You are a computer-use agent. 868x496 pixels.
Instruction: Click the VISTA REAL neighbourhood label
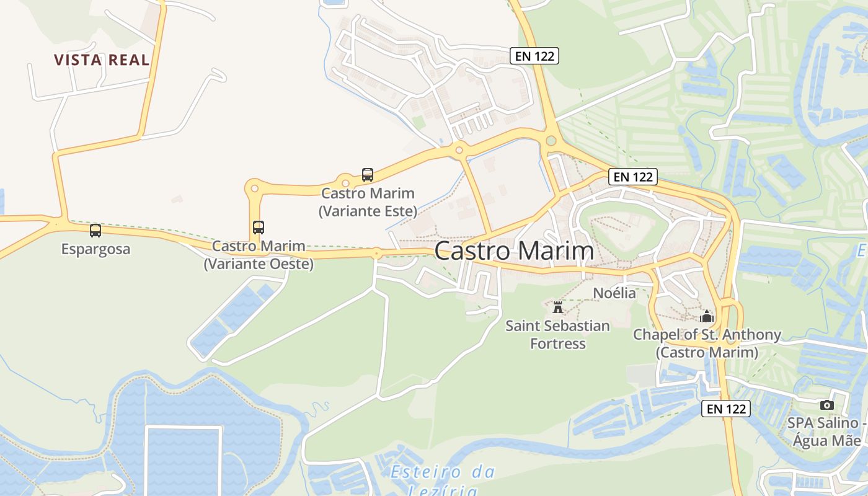click(102, 60)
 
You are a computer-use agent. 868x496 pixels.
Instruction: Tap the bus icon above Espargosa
click(95, 231)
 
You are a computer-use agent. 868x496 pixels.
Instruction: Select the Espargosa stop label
click(95, 249)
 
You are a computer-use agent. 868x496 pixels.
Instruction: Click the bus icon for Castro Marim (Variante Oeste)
click(259, 228)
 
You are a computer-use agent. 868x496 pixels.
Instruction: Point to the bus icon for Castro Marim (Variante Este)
click(368, 175)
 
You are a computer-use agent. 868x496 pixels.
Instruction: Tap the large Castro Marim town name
click(514, 251)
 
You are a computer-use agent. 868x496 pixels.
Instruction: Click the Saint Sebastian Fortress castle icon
click(557, 307)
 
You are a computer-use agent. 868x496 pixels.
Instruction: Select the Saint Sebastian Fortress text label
click(557, 334)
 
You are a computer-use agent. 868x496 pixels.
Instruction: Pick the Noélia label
click(614, 293)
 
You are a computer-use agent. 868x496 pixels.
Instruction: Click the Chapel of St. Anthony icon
click(707, 316)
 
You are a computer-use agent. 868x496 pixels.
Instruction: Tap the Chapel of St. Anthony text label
click(707, 343)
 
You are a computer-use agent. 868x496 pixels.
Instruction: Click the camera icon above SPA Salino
click(826, 405)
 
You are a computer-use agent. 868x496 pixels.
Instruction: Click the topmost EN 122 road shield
click(534, 56)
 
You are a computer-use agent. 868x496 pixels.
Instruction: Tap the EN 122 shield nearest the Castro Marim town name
click(632, 177)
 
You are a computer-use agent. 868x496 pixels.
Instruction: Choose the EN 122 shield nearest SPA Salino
click(726, 409)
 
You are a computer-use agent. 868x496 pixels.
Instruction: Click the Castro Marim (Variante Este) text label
click(368, 202)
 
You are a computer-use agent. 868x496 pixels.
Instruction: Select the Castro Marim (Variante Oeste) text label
click(259, 255)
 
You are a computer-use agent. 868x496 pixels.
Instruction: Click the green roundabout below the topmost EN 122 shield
click(550, 141)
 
